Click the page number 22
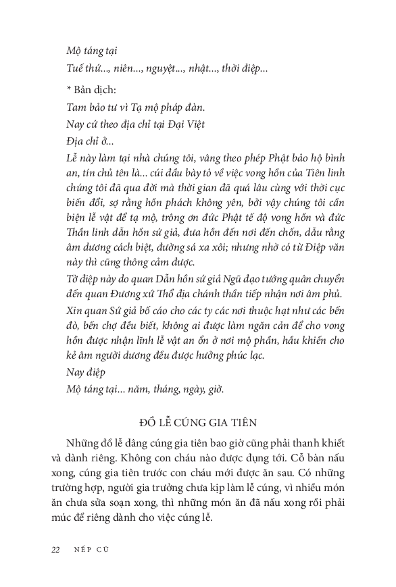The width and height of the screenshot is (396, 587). (x=55, y=548)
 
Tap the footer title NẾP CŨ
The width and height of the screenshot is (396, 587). (x=91, y=548)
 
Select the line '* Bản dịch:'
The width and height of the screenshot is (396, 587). (x=91, y=89)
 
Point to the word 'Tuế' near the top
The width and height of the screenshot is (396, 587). (x=76, y=68)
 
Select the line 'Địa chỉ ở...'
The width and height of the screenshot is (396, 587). (x=91, y=142)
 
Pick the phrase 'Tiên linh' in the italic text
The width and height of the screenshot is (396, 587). (x=324, y=177)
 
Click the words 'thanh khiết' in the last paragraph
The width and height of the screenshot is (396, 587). (x=318, y=442)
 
